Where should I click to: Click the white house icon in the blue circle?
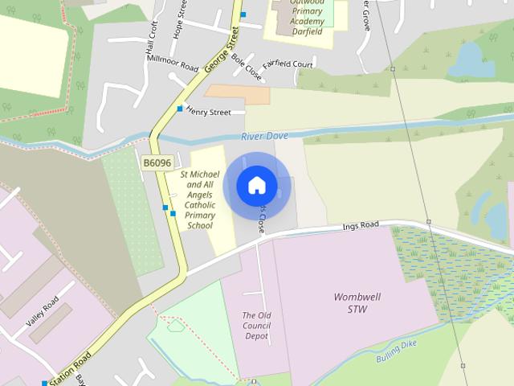click(257, 186)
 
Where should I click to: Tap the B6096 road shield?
click(157, 162)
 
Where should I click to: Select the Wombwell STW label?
click(357, 302)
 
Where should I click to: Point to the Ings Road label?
click(361, 226)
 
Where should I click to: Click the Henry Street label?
click(209, 112)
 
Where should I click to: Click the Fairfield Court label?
click(287, 64)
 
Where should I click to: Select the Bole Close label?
click(246, 68)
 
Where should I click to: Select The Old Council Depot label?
click(256, 326)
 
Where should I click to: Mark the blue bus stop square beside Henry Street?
click(180, 109)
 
